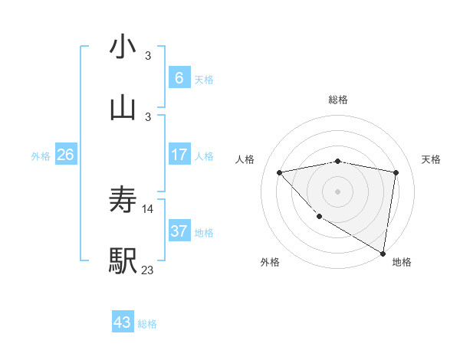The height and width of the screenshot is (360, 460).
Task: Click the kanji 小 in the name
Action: pyautogui.click(x=123, y=47)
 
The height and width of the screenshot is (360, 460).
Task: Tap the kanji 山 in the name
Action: pyautogui.click(x=123, y=106)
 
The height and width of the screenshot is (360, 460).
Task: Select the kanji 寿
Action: pyautogui.click(x=123, y=200)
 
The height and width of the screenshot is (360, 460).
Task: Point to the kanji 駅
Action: pyautogui.click(x=123, y=261)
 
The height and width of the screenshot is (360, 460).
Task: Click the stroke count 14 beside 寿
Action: pyautogui.click(x=148, y=208)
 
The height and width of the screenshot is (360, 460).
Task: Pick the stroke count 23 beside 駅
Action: pyautogui.click(x=148, y=270)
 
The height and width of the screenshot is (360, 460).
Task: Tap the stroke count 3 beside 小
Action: pyautogui.click(x=148, y=55)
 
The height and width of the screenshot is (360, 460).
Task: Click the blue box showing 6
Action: pyautogui.click(x=179, y=77)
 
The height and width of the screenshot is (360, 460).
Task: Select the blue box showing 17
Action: pyautogui.click(x=179, y=155)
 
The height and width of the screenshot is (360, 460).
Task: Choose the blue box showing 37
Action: pyautogui.click(x=179, y=231)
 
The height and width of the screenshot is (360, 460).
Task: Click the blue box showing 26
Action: pyautogui.click(x=65, y=155)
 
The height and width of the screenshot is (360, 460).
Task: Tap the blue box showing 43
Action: pyautogui.click(x=123, y=322)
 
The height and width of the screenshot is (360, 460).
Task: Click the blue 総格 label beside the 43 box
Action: pyautogui.click(x=147, y=324)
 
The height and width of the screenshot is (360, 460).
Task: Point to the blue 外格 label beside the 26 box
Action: pyautogui.click(x=41, y=156)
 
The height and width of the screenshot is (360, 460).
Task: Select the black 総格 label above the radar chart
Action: pyautogui.click(x=338, y=100)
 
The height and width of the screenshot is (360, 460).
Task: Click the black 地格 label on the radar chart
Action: pyautogui.click(x=402, y=263)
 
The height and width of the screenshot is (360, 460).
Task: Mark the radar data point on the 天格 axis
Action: pyautogui.click(x=396, y=172)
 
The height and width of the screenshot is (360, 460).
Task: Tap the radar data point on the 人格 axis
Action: pyautogui.click(x=280, y=172)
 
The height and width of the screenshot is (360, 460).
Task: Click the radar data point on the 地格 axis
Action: pyautogui.click(x=382, y=253)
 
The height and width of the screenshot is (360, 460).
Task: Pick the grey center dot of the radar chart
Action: pyautogui.click(x=338, y=191)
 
